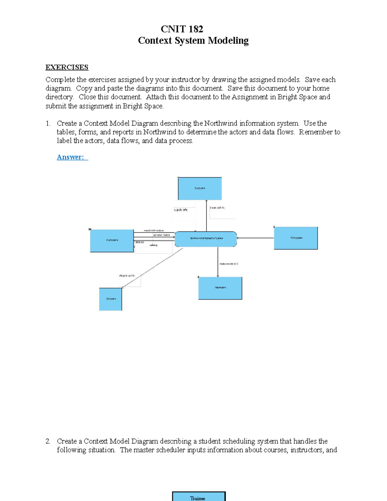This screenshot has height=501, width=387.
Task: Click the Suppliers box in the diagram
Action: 200,188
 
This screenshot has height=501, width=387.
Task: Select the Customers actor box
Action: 112,241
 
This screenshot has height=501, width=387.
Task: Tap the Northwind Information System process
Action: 206,239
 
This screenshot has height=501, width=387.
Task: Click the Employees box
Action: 296,238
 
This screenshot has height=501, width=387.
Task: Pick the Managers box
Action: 220,288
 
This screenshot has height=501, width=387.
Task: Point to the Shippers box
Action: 111,299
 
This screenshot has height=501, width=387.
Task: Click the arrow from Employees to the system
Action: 255,238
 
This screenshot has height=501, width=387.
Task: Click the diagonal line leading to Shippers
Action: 152,268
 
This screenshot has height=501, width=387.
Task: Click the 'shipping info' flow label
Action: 127,276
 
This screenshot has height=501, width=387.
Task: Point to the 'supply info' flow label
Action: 181,210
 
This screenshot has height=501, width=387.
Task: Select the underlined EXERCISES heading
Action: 67,67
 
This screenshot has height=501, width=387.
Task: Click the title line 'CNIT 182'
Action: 182,29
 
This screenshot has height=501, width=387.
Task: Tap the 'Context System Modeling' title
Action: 193,41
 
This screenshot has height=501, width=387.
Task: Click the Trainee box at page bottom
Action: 199,496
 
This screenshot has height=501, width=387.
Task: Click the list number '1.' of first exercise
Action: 48,124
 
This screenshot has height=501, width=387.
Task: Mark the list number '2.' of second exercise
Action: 48,441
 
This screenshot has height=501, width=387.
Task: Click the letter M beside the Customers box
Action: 90,229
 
